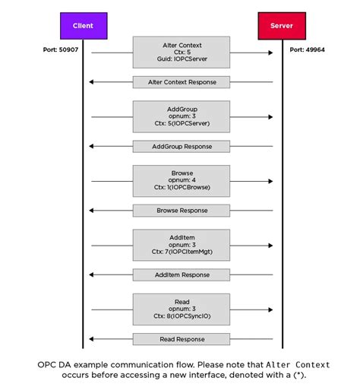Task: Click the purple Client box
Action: coord(84,26)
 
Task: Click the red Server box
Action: coord(281,26)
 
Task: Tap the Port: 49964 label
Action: coord(307,50)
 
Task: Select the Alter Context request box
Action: coord(182,52)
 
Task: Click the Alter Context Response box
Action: coord(182,81)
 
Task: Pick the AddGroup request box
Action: coord(182,116)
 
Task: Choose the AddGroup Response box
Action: coord(182,146)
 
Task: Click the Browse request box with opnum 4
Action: coord(182,181)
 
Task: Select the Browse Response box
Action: coord(182,210)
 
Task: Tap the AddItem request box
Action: coord(182,245)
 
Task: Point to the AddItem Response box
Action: coord(182,275)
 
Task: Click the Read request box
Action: coord(182,309)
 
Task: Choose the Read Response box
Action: coord(182,338)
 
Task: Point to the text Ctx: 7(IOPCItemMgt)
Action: coord(182,252)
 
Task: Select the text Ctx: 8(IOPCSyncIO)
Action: coord(182,317)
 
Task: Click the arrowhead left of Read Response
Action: coord(92,338)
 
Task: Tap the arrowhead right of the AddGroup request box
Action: coord(270,116)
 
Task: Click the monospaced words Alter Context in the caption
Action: coord(298,364)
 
